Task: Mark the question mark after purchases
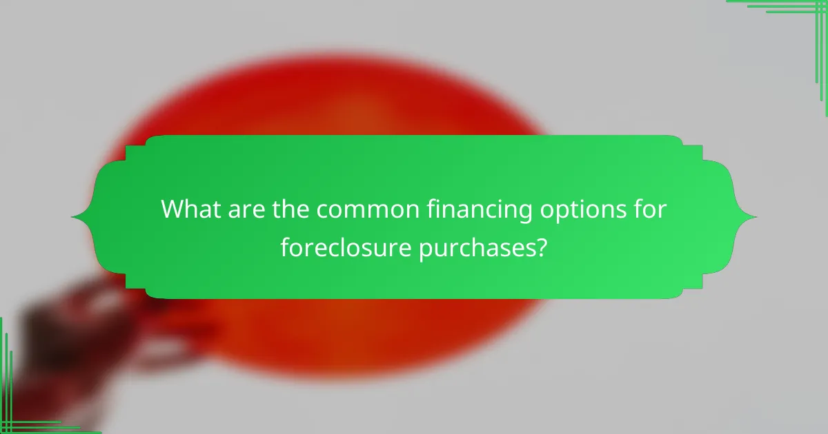(x=542, y=247)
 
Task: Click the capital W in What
(x=173, y=210)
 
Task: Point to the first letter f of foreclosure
(x=285, y=246)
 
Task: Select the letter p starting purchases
(x=424, y=249)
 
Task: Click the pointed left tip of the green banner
(x=72, y=218)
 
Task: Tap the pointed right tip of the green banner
(x=756, y=218)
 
